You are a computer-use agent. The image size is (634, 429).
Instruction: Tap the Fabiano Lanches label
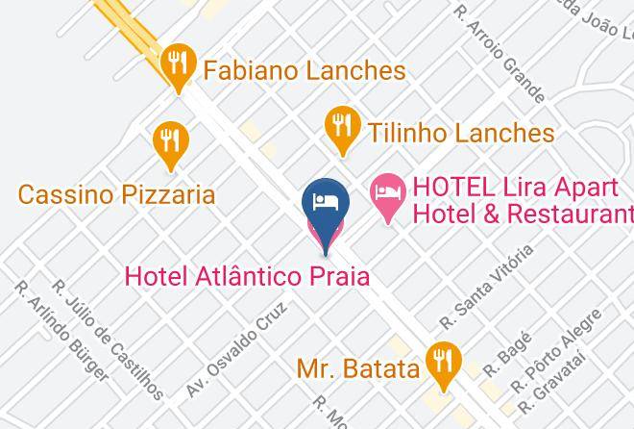click(303, 71)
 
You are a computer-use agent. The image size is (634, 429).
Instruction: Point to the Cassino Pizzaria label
click(116, 195)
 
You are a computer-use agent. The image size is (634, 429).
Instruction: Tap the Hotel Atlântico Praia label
click(248, 276)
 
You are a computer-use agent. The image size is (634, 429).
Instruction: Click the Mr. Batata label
click(357, 368)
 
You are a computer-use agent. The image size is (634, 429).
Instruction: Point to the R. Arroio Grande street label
click(500, 55)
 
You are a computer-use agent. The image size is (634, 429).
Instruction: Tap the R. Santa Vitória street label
click(485, 286)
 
